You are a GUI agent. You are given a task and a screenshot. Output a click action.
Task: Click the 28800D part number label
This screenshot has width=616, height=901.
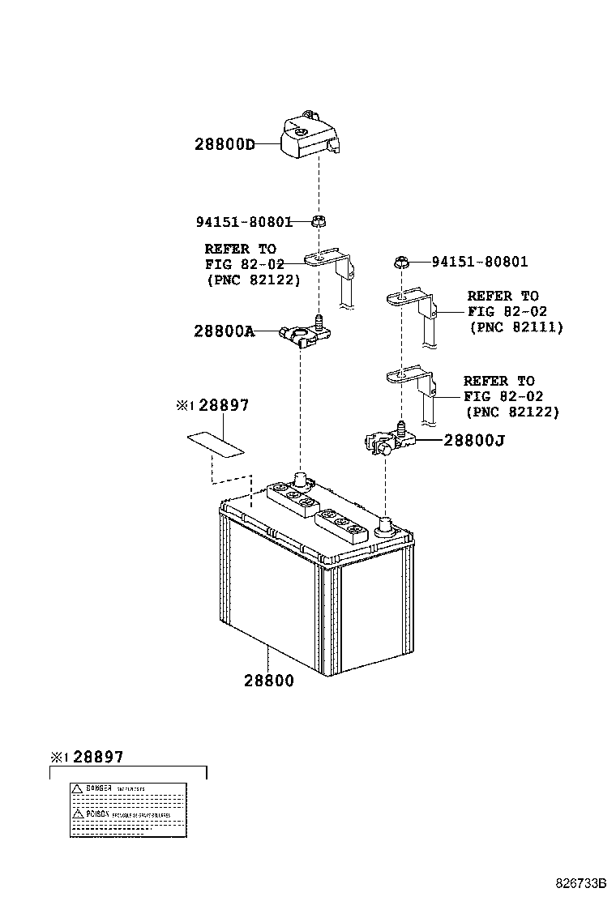224,145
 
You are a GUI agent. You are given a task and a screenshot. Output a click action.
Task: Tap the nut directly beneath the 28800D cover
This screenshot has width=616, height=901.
319,220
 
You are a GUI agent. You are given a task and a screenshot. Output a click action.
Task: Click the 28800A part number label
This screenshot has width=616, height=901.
224,331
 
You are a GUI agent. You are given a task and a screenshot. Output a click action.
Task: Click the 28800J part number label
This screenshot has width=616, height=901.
474,441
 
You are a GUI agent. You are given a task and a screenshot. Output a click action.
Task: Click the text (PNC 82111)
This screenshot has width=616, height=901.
515,327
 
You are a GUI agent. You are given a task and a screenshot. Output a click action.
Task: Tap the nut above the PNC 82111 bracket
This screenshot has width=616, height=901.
400,262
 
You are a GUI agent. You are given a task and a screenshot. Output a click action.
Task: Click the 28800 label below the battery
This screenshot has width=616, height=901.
268,681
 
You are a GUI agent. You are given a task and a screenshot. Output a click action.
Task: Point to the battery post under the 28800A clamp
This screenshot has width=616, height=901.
300,480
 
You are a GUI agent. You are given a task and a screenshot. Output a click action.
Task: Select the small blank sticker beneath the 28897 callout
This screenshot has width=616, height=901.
215,444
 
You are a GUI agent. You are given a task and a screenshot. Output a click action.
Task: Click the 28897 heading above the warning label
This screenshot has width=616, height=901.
97,758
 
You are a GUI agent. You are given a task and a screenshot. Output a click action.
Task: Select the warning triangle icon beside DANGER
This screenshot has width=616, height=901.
76,788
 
